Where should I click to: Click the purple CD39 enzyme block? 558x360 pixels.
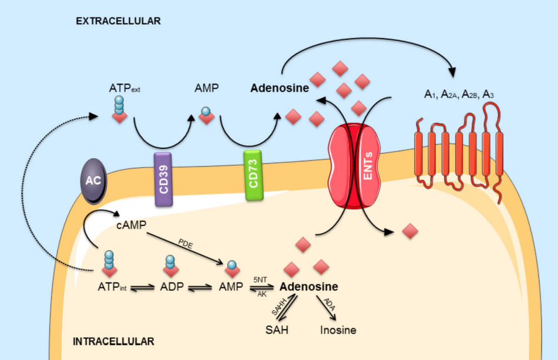[x=163, y=180]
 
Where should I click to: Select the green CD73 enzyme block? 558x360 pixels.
[x=254, y=177]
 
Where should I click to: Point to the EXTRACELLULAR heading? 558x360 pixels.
[x=118, y=21]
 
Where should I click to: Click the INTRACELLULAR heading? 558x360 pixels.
[x=113, y=341]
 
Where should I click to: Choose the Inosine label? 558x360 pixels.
[x=338, y=330]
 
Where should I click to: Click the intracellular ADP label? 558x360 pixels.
[x=172, y=287]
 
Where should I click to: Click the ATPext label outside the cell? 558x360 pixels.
[x=124, y=89]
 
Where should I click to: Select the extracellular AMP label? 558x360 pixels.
[x=206, y=88]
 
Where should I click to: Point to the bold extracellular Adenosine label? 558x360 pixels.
[x=280, y=88]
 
